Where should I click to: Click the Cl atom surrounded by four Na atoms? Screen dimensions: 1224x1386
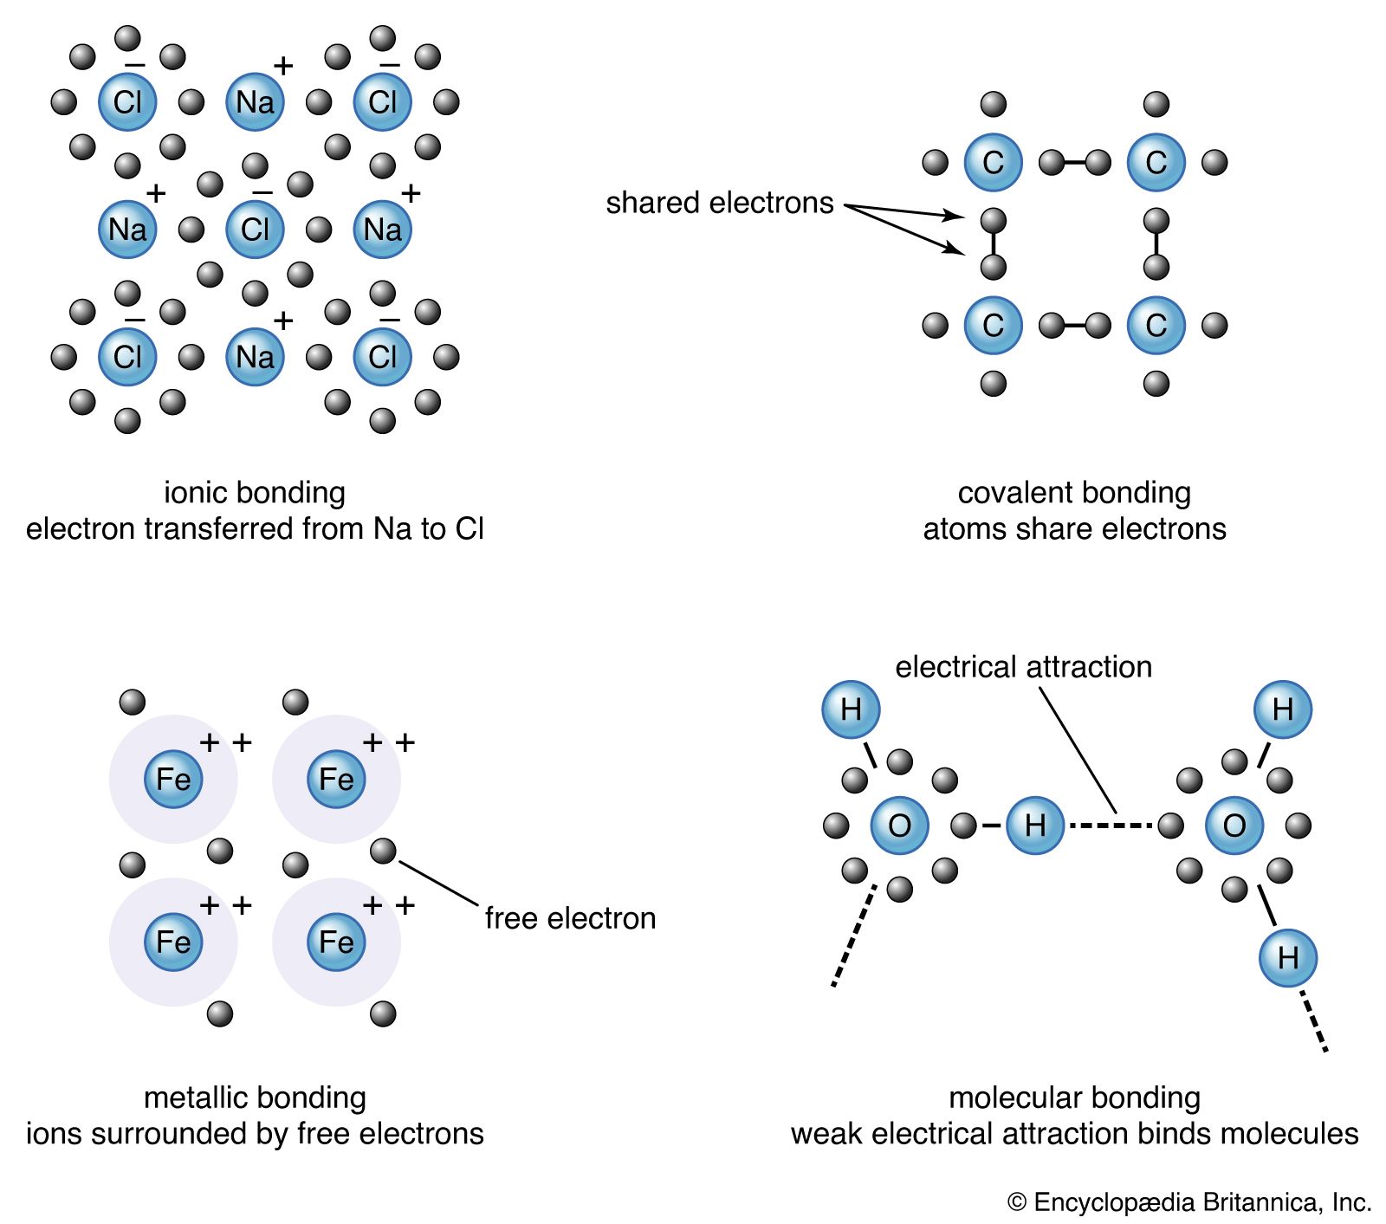click(x=255, y=230)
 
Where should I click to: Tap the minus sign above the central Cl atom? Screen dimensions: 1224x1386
click(x=262, y=193)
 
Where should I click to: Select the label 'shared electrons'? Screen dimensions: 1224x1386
click(x=719, y=203)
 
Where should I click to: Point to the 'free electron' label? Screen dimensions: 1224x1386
click(x=570, y=918)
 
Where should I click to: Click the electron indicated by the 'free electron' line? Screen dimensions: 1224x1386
click(x=383, y=852)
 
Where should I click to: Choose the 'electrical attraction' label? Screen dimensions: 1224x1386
click(x=1023, y=667)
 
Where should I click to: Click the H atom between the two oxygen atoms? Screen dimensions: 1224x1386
click(x=1035, y=826)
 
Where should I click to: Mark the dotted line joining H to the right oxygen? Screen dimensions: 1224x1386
click(x=1111, y=826)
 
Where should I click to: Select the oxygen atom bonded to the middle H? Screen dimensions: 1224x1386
click(x=899, y=826)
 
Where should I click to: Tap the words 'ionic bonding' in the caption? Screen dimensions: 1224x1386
click(x=255, y=493)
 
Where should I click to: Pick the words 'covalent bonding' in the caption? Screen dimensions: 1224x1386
click(x=1074, y=493)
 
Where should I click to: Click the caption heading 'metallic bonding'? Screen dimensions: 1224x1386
click(x=255, y=1098)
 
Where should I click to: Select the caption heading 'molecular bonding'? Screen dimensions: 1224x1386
click(x=1074, y=1098)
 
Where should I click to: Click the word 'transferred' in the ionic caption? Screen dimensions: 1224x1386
click(x=219, y=528)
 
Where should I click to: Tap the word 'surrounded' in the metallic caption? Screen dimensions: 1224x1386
click(x=202, y=1134)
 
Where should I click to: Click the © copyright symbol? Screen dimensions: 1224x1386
click(x=1017, y=1202)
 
